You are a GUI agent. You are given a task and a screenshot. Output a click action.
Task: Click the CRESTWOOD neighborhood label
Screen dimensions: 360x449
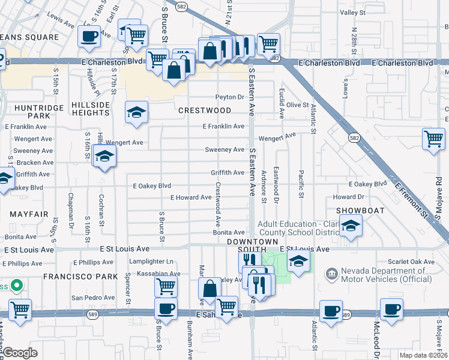pos(205,110)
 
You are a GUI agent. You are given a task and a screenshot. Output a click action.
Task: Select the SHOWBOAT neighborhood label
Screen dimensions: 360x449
pos(359,210)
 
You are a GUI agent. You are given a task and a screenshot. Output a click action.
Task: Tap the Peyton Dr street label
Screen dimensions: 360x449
pos(230,97)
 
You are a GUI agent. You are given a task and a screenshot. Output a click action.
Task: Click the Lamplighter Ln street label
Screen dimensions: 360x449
pos(152,262)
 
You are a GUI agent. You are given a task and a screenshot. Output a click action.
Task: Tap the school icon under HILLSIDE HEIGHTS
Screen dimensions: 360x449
pos(136,112)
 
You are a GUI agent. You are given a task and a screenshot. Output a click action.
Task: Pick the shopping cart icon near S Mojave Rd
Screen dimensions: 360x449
pos(433,139)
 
